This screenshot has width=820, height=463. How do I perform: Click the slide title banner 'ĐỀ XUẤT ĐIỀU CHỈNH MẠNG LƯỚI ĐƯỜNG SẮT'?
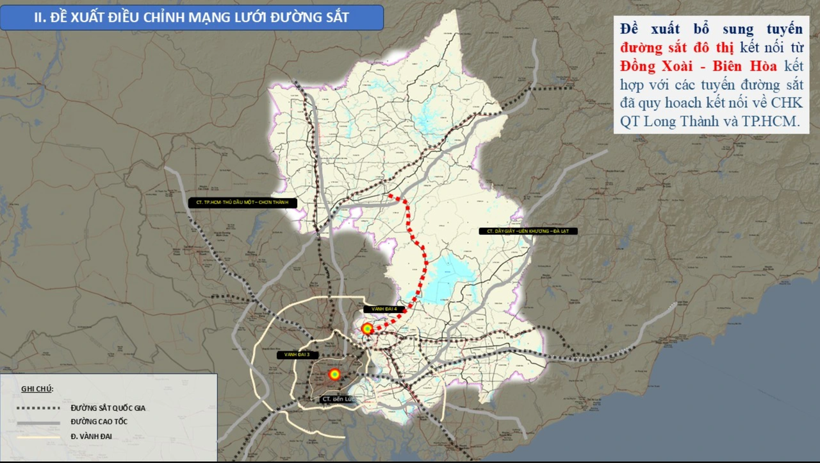(192, 17)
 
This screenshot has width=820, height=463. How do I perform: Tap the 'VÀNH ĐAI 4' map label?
(385, 309)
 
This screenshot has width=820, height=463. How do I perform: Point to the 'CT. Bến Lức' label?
(338, 399)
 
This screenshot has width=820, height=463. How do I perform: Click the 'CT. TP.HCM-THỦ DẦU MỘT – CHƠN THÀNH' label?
(243, 203)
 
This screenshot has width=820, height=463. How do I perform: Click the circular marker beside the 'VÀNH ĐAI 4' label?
(367, 329)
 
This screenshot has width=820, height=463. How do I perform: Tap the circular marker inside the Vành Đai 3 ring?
(334, 374)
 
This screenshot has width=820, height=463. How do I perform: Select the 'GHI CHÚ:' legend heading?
(37, 389)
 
